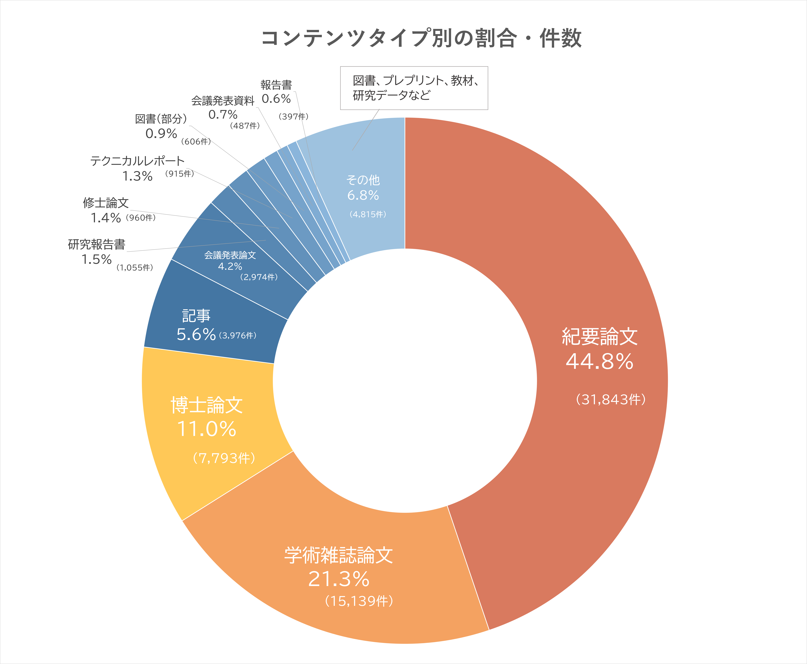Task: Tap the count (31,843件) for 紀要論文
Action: tap(611, 399)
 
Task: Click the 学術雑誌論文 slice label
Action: tap(339, 555)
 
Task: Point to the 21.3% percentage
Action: tap(339, 579)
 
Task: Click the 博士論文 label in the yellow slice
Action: tap(207, 405)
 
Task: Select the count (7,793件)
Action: tap(224, 458)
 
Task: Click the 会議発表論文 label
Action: tap(230, 255)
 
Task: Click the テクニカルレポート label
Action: tap(137, 161)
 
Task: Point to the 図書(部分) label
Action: tap(161, 119)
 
